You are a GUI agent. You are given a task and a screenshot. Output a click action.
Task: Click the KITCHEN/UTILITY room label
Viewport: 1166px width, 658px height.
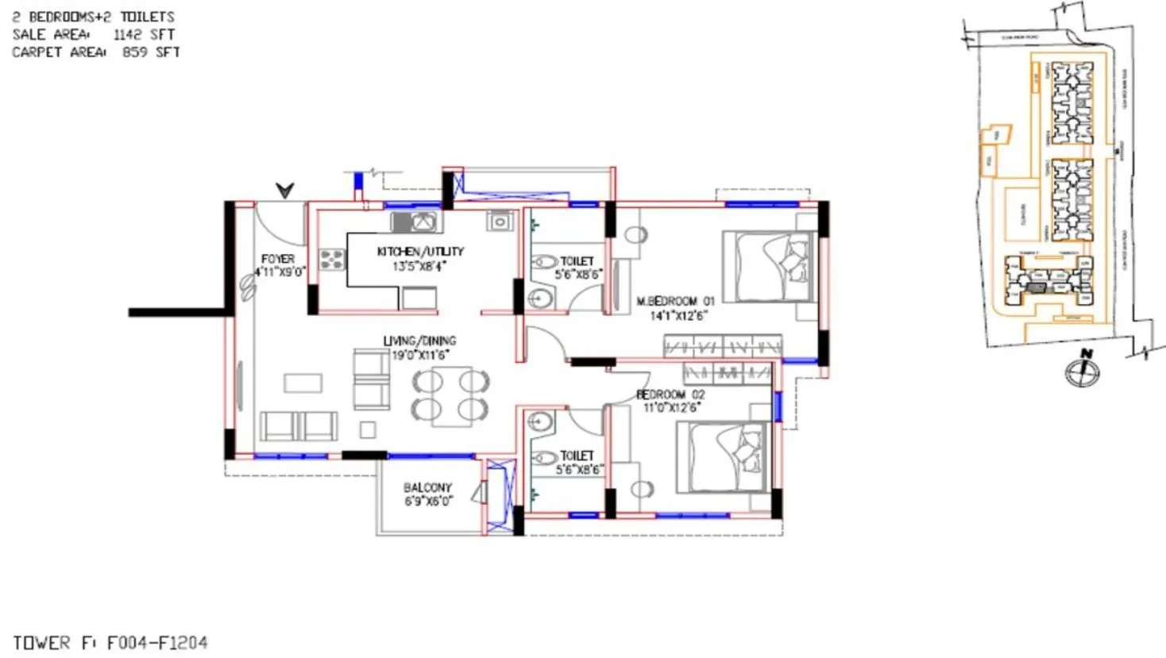(420, 252)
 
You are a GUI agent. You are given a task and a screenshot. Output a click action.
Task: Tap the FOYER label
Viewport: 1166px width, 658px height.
(277, 259)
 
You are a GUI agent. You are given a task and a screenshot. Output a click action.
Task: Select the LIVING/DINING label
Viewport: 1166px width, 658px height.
(419, 341)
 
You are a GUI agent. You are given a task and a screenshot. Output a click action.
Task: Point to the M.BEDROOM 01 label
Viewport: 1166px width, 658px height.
(675, 302)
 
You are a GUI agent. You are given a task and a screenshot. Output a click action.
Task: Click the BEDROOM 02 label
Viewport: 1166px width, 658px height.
(670, 394)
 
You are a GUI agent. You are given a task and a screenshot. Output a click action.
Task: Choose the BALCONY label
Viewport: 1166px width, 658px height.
(427, 487)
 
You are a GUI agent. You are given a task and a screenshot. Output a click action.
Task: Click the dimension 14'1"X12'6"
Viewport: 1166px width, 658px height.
(678, 316)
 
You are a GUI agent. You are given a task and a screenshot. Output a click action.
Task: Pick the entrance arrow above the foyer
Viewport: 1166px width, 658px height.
(285, 190)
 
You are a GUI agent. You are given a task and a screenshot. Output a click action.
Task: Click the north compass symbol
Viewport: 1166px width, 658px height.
(1083, 370)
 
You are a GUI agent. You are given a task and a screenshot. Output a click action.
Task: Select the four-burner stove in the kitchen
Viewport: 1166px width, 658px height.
(332, 259)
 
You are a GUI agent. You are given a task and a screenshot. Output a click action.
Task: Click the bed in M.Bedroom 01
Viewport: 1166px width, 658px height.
(769, 267)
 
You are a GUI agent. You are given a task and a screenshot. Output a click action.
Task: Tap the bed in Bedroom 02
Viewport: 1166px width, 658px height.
(723, 457)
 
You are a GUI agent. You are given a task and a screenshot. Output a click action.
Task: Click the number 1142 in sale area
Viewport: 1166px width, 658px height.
(127, 34)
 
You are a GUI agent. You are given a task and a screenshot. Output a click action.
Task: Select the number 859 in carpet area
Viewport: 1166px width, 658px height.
(134, 52)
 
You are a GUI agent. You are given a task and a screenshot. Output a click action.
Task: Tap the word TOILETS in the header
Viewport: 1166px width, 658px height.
(147, 17)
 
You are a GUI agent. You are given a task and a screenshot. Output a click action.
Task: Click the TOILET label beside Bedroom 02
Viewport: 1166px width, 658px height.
(577, 456)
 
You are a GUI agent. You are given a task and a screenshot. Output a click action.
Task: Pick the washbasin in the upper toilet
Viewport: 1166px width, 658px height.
(540, 299)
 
